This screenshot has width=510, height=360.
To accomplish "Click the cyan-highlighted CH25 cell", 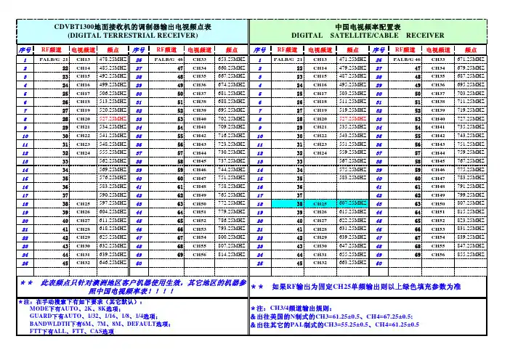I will click(x=320, y=204).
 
